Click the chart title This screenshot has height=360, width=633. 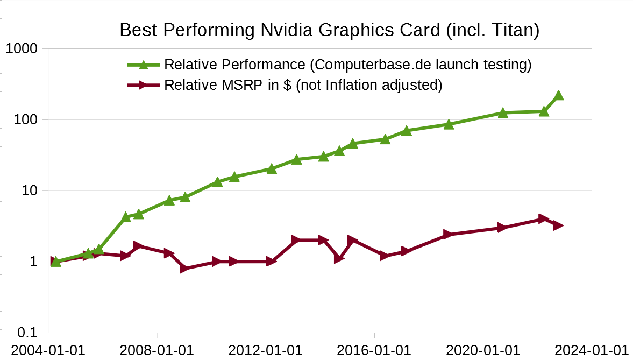click(x=329, y=30)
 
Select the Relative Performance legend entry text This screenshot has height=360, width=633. click(x=347, y=65)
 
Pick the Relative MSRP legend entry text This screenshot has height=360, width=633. click(x=303, y=85)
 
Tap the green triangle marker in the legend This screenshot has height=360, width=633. click(x=143, y=65)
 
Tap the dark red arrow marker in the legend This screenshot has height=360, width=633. click(x=143, y=85)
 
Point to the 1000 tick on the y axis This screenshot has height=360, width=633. click(x=21, y=49)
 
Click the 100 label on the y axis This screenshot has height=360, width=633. click(x=25, y=119)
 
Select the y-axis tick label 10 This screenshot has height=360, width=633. click(x=29, y=191)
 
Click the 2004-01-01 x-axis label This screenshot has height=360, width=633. click(x=48, y=350)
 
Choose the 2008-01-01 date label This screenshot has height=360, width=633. click(x=157, y=350)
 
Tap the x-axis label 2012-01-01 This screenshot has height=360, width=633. click(x=266, y=350)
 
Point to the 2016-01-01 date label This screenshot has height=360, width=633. click(x=374, y=350)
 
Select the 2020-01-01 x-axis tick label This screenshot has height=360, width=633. click(x=483, y=350)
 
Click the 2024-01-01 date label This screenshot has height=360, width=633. click(x=592, y=350)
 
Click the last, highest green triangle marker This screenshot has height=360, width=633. click(x=558, y=95)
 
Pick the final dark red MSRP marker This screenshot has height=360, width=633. click(x=558, y=225)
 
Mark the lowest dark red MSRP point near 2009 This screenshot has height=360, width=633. click(x=184, y=268)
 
